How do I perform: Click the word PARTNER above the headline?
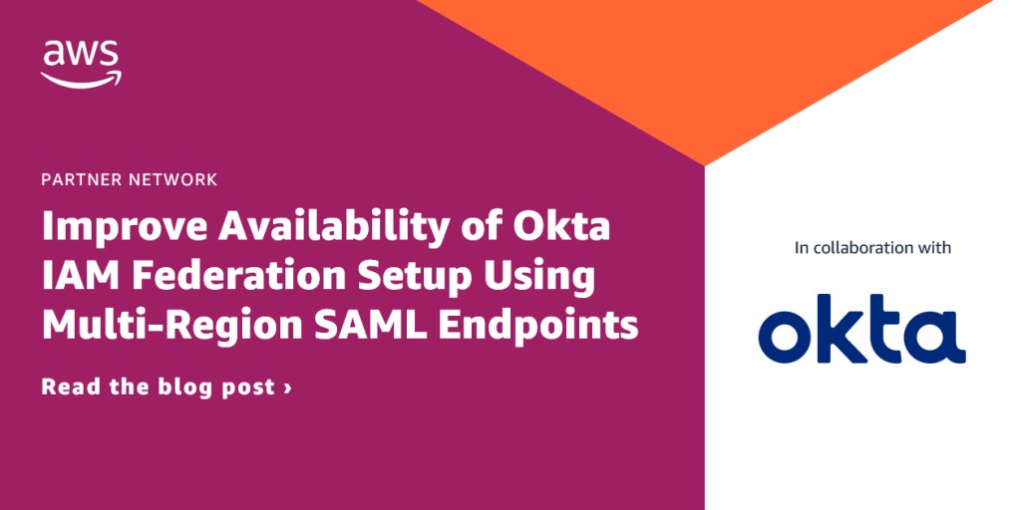pyautogui.click(x=81, y=180)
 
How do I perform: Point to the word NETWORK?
pyautogui.click(x=171, y=180)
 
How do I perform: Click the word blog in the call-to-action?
pyautogui.click(x=183, y=388)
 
